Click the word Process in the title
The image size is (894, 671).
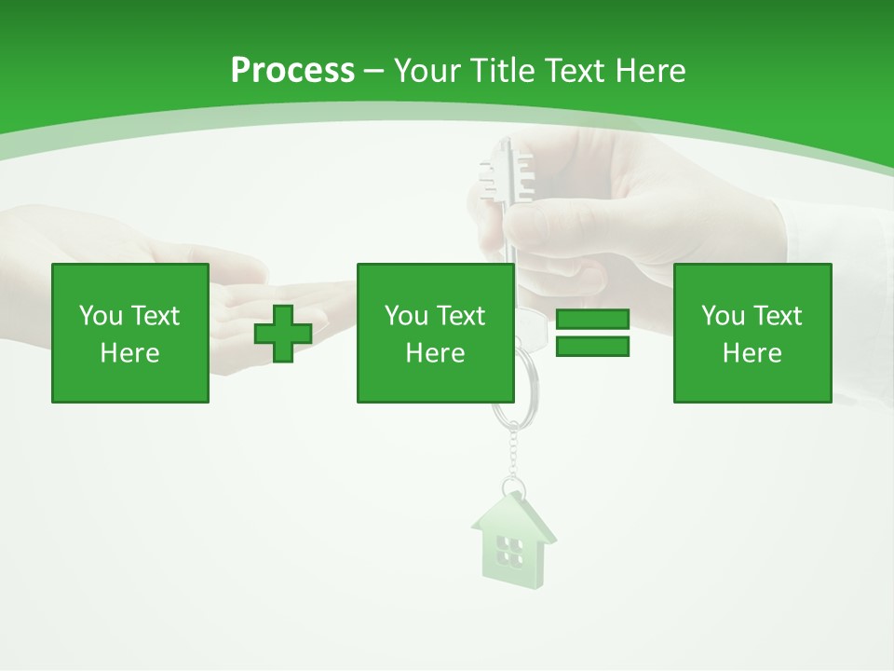(x=292, y=71)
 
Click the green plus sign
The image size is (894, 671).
(x=283, y=334)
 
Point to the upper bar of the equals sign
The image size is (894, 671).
(x=592, y=319)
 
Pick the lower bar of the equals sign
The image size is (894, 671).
(x=592, y=347)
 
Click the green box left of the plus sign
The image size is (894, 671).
(x=130, y=333)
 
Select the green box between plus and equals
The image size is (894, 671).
(x=435, y=333)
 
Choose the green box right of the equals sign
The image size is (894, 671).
(x=752, y=333)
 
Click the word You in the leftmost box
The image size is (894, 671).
(x=101, y=316)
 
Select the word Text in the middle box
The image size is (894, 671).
(x=461, y=316)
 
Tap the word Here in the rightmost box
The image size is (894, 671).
(x=752, y=353)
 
